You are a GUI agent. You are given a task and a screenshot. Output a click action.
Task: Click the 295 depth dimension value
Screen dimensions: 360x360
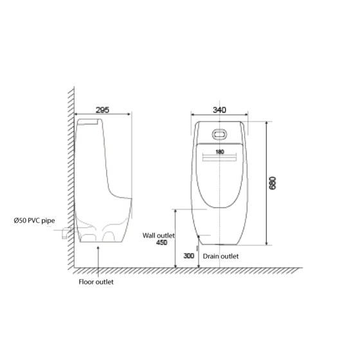[x=101, y=110]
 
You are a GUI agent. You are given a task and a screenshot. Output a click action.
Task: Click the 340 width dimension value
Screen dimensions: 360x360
[x=219, y=110]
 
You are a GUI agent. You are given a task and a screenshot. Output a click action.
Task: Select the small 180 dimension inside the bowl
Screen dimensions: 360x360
[x=220, y=152]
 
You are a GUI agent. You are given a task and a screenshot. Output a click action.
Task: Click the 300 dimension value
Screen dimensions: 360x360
[x=188, y=256]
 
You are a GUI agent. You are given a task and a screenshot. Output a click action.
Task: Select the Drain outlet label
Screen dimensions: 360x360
[x=221, y=256]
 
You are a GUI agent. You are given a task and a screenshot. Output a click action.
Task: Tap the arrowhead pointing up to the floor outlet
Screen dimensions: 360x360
[x=98, y=246]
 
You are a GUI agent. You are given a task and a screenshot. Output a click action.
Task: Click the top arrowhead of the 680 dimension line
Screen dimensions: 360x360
[x=266, y=123]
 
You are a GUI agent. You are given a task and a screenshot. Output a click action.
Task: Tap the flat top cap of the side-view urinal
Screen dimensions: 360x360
[x=89, y=121]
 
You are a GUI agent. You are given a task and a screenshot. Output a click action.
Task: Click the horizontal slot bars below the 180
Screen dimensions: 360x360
[x=219, y=160]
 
